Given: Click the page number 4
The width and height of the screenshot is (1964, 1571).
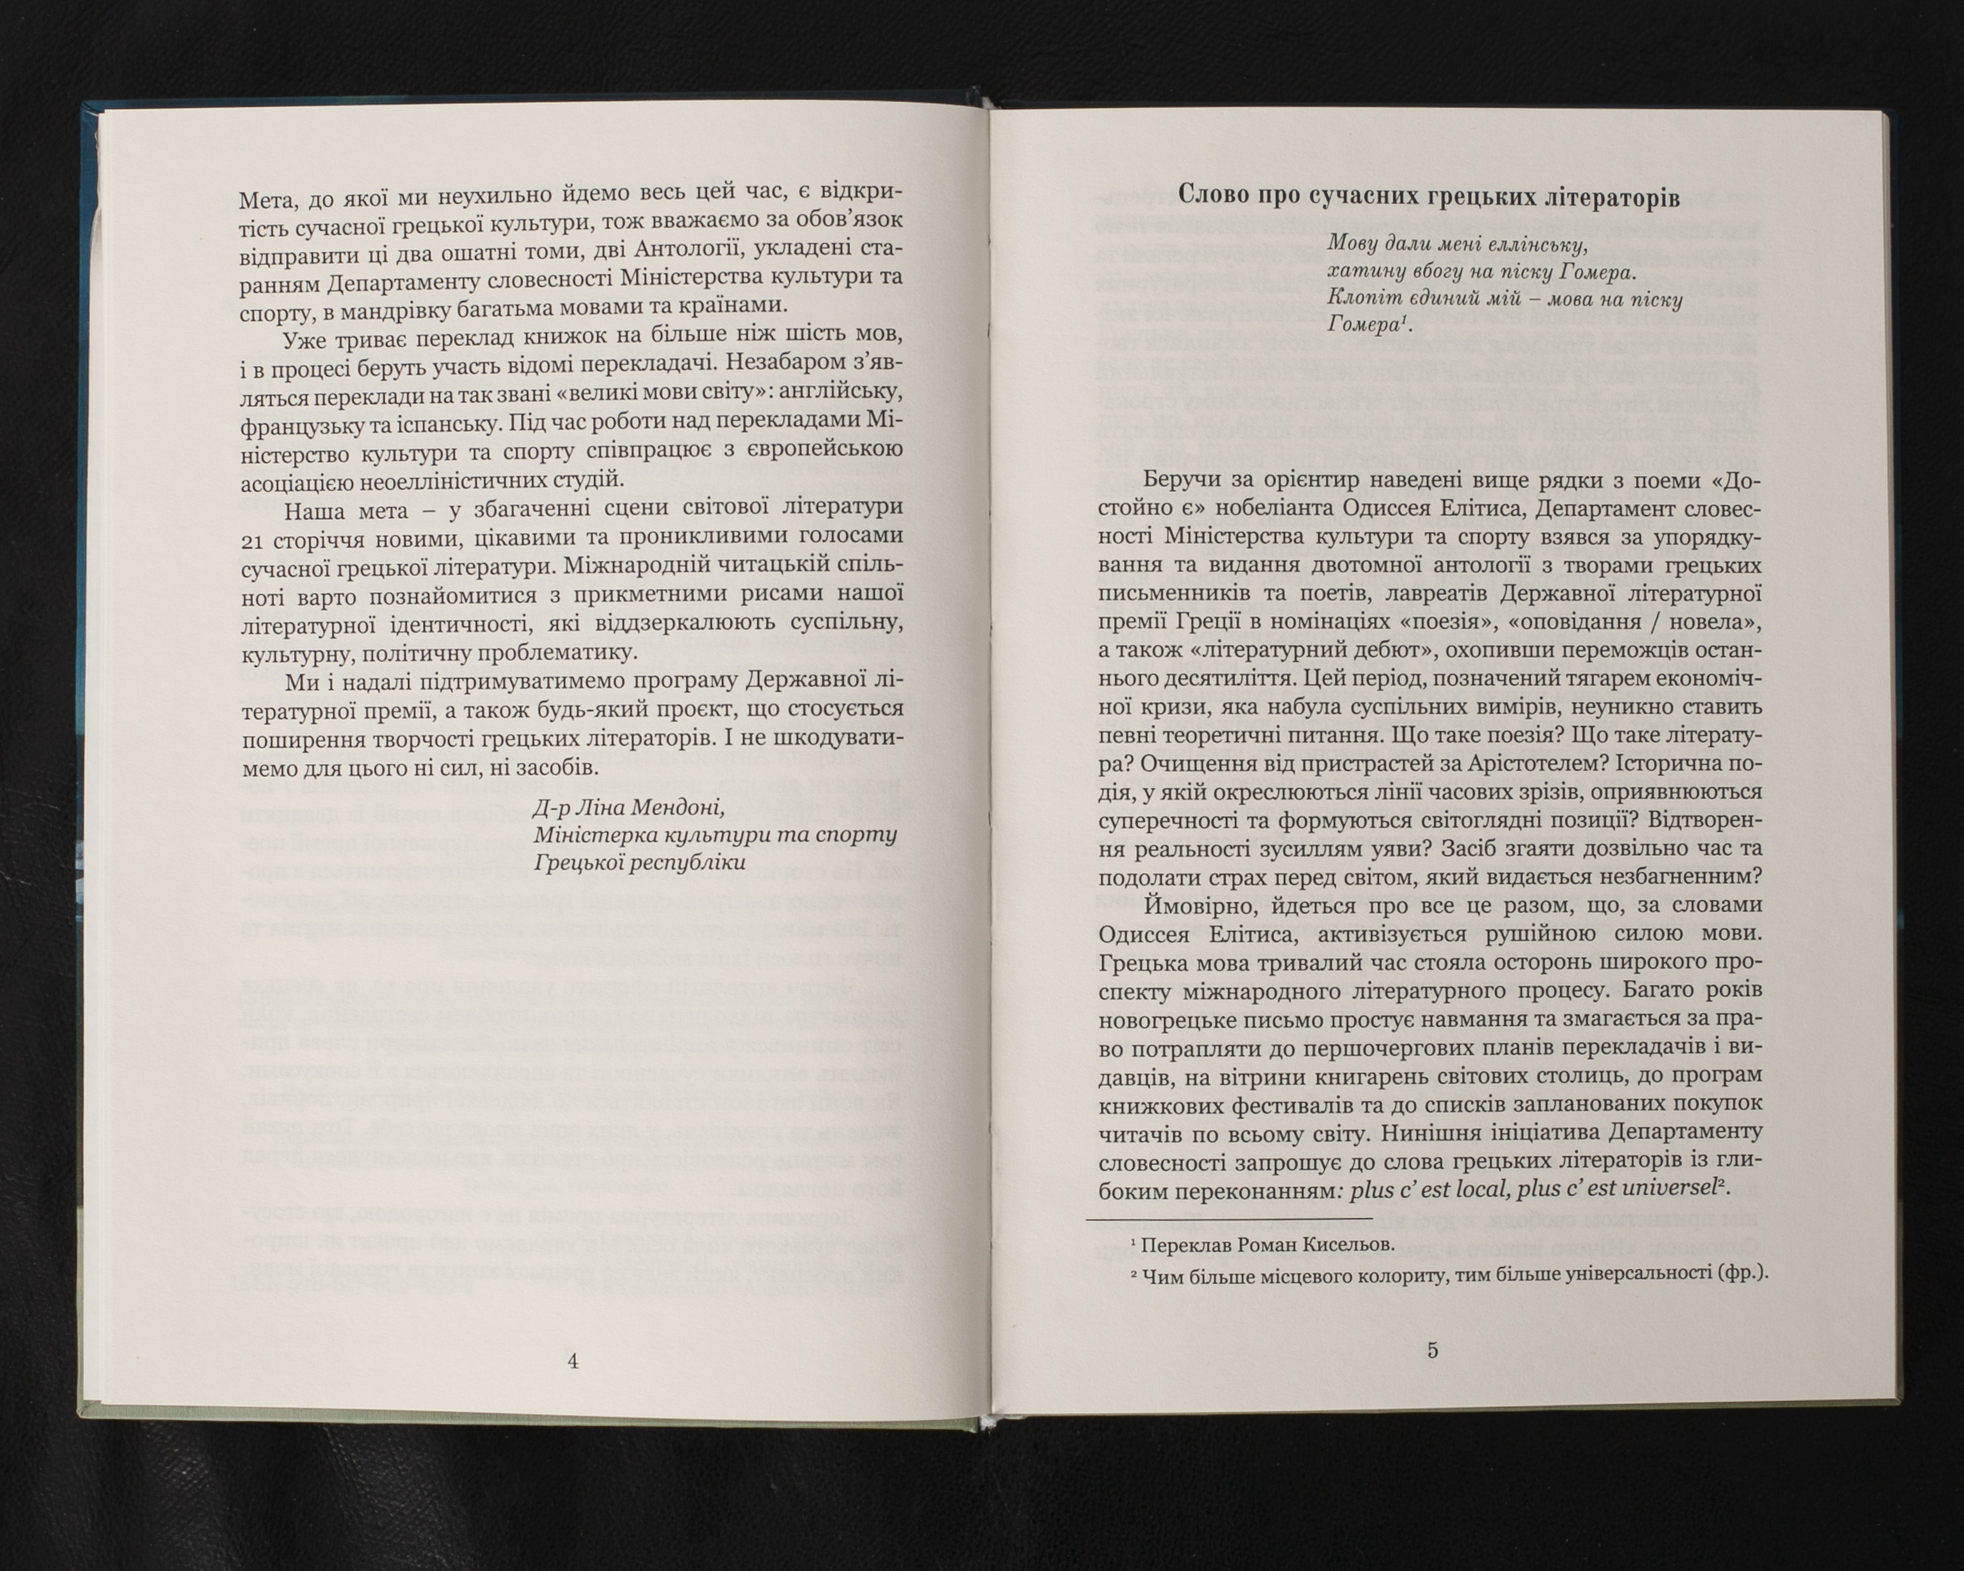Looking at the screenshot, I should [x=573, y=1361].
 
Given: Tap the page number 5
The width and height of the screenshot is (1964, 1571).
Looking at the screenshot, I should [x=1432, y=1351].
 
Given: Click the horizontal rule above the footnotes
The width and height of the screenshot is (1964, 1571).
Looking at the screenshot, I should [x=1229, y=1219].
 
